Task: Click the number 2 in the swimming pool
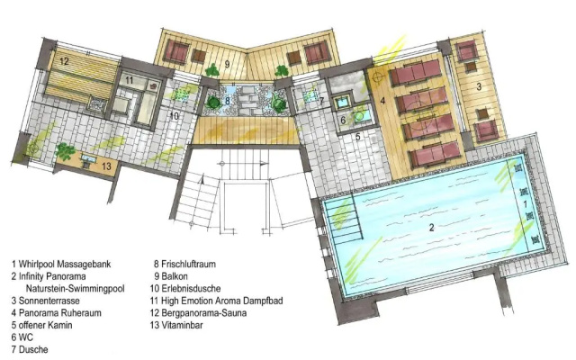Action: (x=432, y=228)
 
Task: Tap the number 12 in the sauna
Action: (x=64, y=60)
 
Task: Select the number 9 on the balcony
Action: (x=228, y=65)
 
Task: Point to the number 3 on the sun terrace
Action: (x=479, y=86)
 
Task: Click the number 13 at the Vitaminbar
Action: (x=106, y=166)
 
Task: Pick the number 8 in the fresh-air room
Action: (x=228, y=100)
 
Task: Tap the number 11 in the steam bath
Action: (x=130, y=80)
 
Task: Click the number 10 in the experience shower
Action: (x=174, y=116)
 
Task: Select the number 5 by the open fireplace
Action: (x=358, y=136)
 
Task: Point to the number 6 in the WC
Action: (x=343, y=120)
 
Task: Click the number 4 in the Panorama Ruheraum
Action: (x=382, y=100)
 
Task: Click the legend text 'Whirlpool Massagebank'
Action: (x=65, y=264)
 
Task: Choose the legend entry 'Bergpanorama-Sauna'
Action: (x=204, y=313)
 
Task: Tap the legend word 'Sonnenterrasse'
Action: (x=49, y=301)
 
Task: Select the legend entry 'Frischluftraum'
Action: (x=188, y=264)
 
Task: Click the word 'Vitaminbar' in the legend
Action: (x=182, y=325)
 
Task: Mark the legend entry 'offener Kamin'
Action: (x=46, y=325)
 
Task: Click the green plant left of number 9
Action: (x=211, y=70)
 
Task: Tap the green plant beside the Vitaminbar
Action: (x=66, y=151)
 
